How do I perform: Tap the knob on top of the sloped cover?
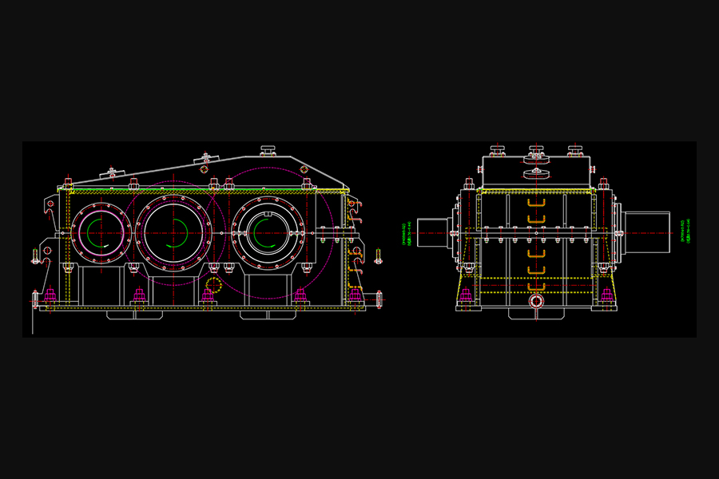point(268,149)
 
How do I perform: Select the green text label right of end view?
point(682,232)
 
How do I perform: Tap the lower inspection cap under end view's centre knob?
point(536,173)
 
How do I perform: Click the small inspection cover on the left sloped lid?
point(112,171)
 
